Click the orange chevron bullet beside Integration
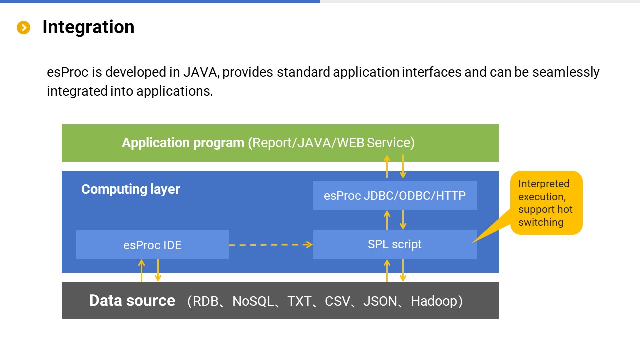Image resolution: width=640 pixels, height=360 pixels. click(x=23, y=28)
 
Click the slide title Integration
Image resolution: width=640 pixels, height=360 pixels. click(x=88, y=27)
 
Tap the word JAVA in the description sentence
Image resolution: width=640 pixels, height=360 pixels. click(x=200, y=72)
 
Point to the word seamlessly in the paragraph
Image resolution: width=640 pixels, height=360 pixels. click(x=566, y=72)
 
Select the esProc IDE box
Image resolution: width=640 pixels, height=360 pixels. click(x=152, y=245)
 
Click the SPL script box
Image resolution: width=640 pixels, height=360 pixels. click(x=394, y=244)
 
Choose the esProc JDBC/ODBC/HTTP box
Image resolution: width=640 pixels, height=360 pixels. click(x=394, y=195)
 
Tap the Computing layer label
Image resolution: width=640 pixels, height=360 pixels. click(x=130, y=189)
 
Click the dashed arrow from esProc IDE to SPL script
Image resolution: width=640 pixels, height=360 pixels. click(x=270, y=245)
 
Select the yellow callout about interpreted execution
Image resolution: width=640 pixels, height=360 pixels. click(x=546, y=203)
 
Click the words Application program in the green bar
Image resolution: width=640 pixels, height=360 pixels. click(x=183, y=143)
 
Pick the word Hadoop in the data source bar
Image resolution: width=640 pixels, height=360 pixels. click(x=434, y=301)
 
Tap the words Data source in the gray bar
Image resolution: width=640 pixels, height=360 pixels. click(x=132, y=300)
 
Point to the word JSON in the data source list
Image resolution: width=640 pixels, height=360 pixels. click(x=380, y=301)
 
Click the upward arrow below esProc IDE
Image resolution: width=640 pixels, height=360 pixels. click(x=142, y=270)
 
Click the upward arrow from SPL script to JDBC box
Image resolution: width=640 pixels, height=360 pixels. click(x=387, y=220)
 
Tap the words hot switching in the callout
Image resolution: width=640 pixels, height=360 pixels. click(x=545, y=216)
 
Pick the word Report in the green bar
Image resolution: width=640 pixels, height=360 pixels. click(x=273, y=143)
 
